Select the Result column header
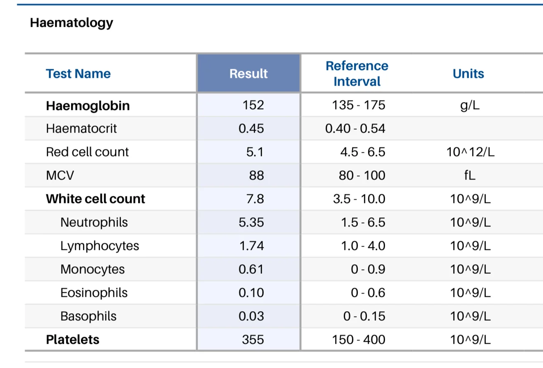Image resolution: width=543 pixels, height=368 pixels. coord(248,74)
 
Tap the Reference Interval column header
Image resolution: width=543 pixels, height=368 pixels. coord(357,74)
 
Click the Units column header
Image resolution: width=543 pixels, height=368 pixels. coord(468,74)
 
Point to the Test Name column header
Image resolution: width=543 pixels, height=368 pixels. coord(78,74)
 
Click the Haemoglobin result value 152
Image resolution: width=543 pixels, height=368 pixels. coord(253,105)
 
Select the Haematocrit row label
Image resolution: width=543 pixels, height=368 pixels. coord(81,128)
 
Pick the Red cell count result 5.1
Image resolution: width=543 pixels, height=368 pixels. coord(255,152)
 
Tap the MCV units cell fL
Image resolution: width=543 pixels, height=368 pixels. coord(470,175)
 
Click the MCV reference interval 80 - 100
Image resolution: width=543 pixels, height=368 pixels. coord(362,175)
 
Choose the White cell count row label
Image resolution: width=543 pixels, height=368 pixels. coord(95,199)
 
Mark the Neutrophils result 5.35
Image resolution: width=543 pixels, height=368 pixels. coord(251,222)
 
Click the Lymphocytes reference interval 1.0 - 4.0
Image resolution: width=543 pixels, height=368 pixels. coord(363,246)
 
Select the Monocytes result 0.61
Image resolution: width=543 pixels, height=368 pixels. coord(251,269)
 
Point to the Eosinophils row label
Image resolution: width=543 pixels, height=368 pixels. coord(94,293)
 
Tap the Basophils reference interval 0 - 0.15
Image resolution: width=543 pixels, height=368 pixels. coord(364,316)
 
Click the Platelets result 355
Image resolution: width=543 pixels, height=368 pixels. coord(253,340)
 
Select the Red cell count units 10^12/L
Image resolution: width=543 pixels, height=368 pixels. coord(470,152)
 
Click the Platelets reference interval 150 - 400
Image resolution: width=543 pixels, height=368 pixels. coord(359,340)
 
